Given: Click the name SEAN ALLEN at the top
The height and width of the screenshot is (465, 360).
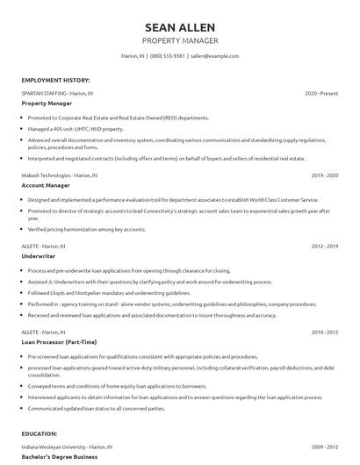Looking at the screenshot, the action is [179, 27].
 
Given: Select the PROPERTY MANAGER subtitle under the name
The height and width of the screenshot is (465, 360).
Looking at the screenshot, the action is [179, 41].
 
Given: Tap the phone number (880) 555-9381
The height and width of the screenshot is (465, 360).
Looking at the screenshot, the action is [168, 56].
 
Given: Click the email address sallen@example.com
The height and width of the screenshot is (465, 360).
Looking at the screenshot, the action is [215, 56].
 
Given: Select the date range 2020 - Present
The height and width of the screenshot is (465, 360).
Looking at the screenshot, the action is [321, 93].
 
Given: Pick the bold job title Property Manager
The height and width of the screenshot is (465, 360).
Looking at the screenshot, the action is [47, 103].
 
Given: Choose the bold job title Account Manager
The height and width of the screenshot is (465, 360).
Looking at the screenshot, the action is [46, 185].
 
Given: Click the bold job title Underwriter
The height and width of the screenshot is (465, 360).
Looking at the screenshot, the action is [39, 257].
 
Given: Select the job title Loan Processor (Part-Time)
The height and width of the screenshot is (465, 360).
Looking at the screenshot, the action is [60, 342].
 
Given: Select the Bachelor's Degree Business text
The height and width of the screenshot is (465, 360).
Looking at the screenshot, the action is [60, 457].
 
